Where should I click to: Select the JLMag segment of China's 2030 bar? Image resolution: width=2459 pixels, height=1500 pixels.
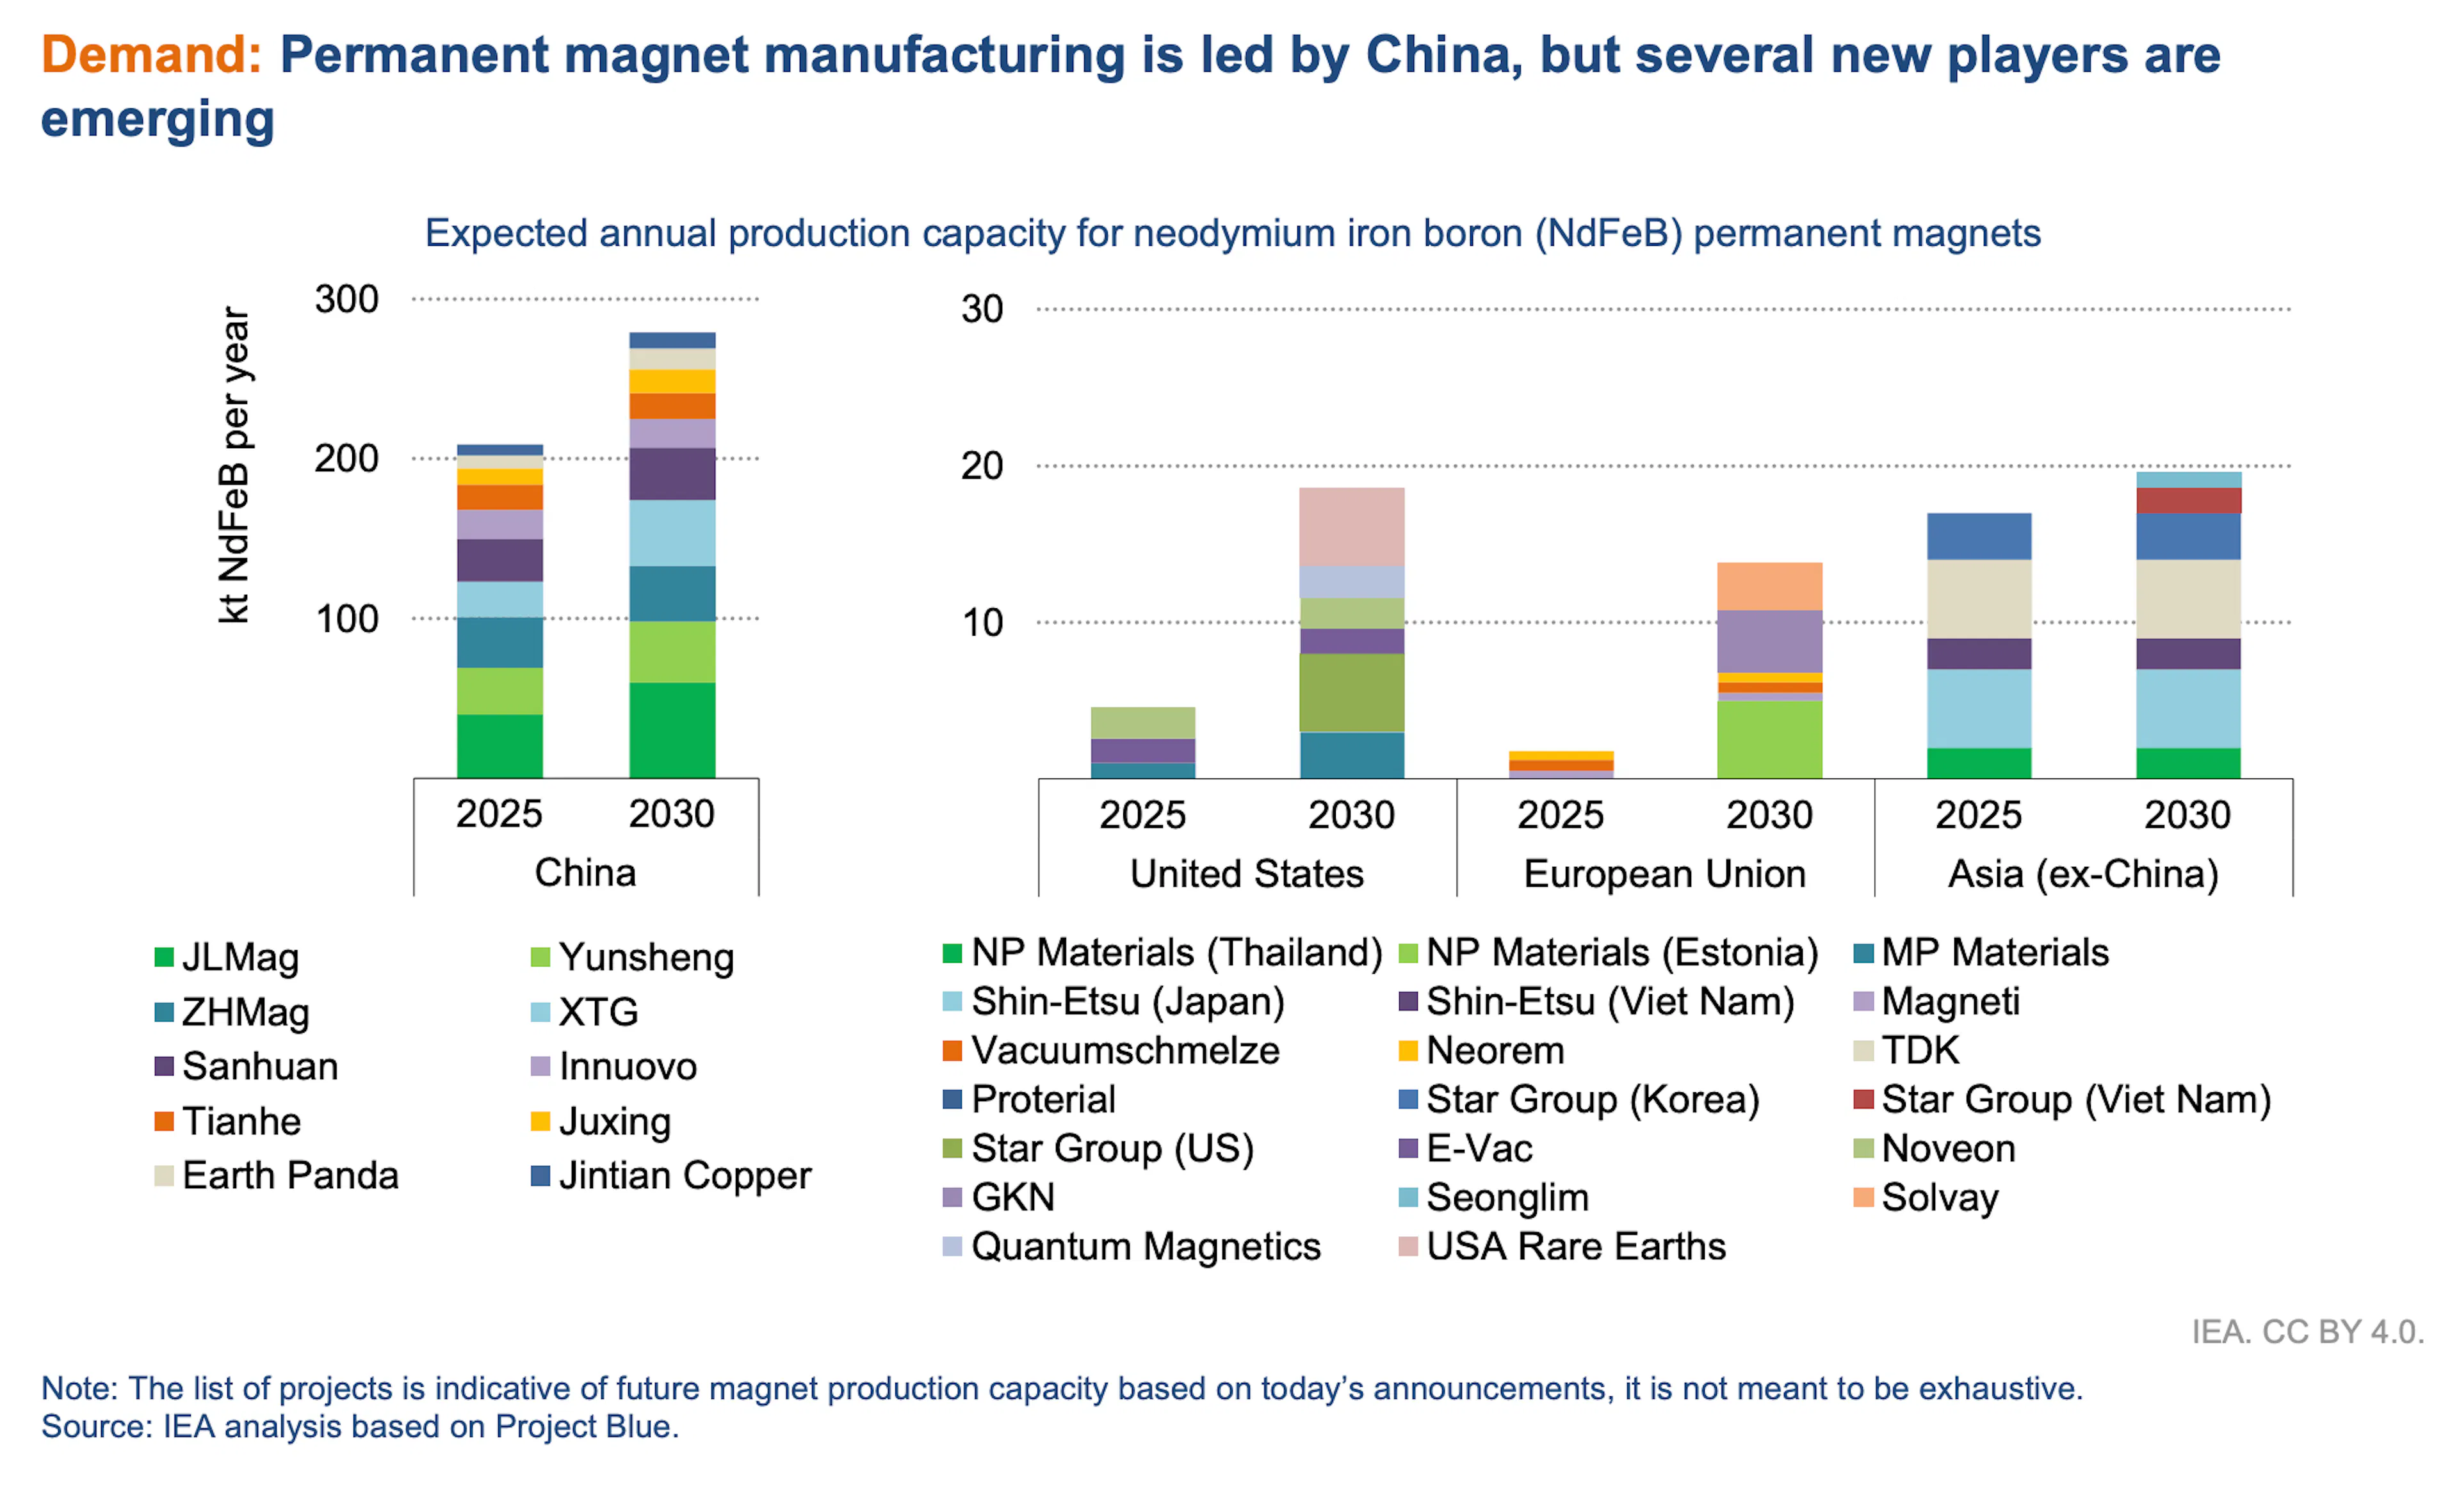pos(672,730)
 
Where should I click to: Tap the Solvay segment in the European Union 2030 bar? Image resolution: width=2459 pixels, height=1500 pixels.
pos(1769,586)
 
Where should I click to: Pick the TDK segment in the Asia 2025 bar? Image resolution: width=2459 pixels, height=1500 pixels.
pos(1978,598)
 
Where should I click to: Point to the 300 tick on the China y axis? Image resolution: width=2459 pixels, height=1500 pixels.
pos(346,300)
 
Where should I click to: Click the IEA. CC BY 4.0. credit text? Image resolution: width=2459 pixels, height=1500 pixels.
pos(2307,1332)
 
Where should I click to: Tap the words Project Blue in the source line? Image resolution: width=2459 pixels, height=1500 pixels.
pos(586,1426)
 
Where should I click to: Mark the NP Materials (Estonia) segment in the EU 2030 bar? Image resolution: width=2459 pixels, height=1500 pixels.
pos(1769,739)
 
